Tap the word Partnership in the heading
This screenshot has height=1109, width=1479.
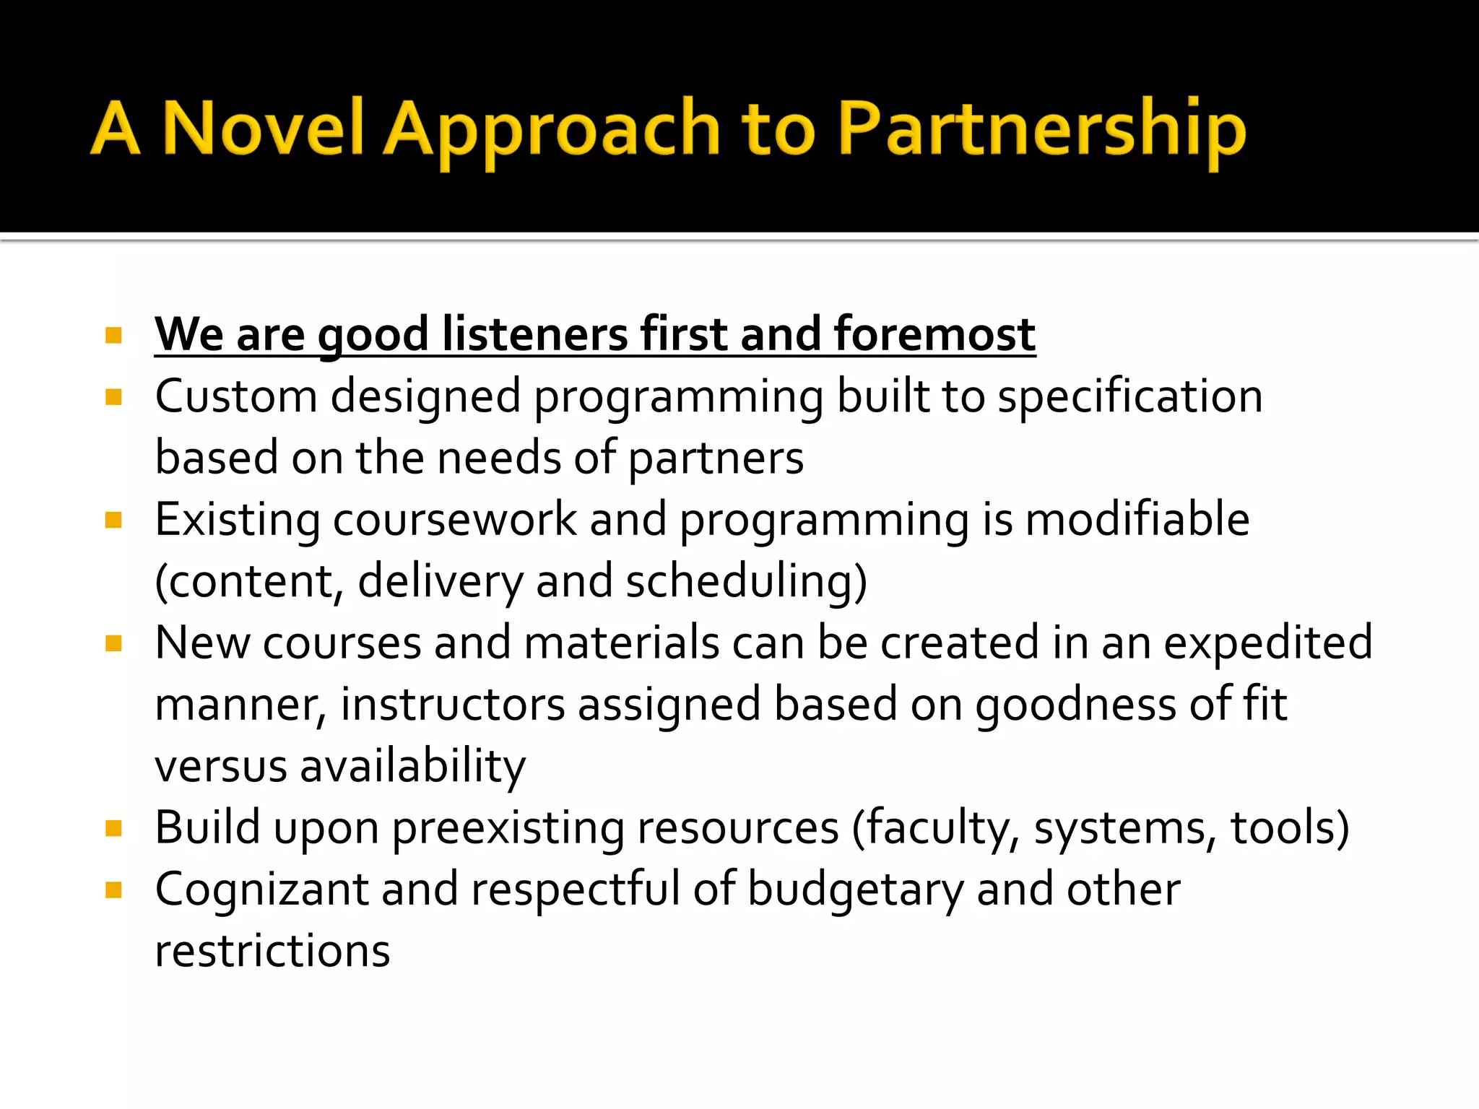(1042, 130)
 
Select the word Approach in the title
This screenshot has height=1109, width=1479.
(551, 130)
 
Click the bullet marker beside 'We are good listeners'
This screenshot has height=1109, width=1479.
(113, 336)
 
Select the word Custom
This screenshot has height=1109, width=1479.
(236, 396)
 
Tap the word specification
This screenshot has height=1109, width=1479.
(1130, 398)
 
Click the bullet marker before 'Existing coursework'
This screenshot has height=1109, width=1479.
(113, 520)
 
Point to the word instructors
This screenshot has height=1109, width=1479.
(453, 704)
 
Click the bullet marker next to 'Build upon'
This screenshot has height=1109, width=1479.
(113, 827)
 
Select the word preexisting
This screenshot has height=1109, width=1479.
(507, 828)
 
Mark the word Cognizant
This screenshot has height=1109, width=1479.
(261, 890)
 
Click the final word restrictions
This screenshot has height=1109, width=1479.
(272, 951)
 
